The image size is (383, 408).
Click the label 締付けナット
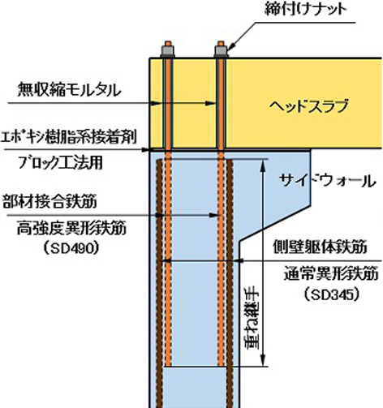pyautogui.click(x=305, y=10)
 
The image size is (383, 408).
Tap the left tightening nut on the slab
pyautogui.click(x=168, y=51)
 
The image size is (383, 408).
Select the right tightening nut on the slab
pyautogui.click(x=221, y=51)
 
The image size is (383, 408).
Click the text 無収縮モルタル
pyautogui.click(x=69, y=90)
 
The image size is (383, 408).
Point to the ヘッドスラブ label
pyautogui.click(x=308, y=105)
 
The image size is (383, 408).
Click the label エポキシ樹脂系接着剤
pyautogui.click(x=69, y=137)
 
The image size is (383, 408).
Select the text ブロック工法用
pyautogui.click(x=60, y=163)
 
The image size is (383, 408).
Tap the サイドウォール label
pyautogui.click(x=328, y=180)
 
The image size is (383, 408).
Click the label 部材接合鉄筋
pyautogui.click(x=49, y=202)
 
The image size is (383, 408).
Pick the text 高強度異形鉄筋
pyautogui.click(x=71, y=229)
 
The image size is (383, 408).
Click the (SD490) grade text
pyautogui.click(x=71, y=248)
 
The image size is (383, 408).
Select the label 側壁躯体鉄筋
pyautogui.click(x=320, y=247)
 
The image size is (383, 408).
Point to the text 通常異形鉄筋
pyautogui.click(x=331, y=274)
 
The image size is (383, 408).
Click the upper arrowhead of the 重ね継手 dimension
pyautogui.click(x=263, y=165)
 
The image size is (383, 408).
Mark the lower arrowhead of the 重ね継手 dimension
pyautogui.click(x=263, y=361)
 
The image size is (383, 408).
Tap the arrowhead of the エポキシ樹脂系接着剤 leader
pyautogui.click(x=146, y=149)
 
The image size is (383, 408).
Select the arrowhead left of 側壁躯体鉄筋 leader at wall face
pyautogui.click(x=238, y=260)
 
